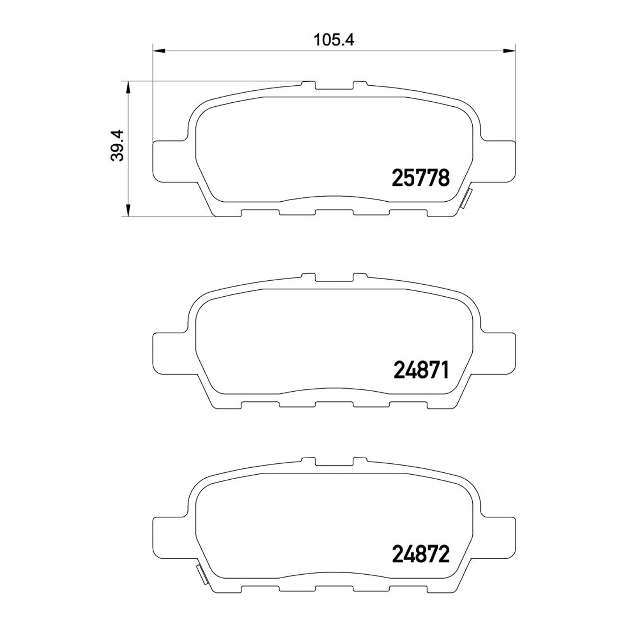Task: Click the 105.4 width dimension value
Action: (x=334, y=40)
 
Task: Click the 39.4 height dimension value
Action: (x=117, y=145)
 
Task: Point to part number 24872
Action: (x=421, y=554)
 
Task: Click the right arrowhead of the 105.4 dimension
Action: (x=509, y=50)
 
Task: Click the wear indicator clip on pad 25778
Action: (x=466, y=199)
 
